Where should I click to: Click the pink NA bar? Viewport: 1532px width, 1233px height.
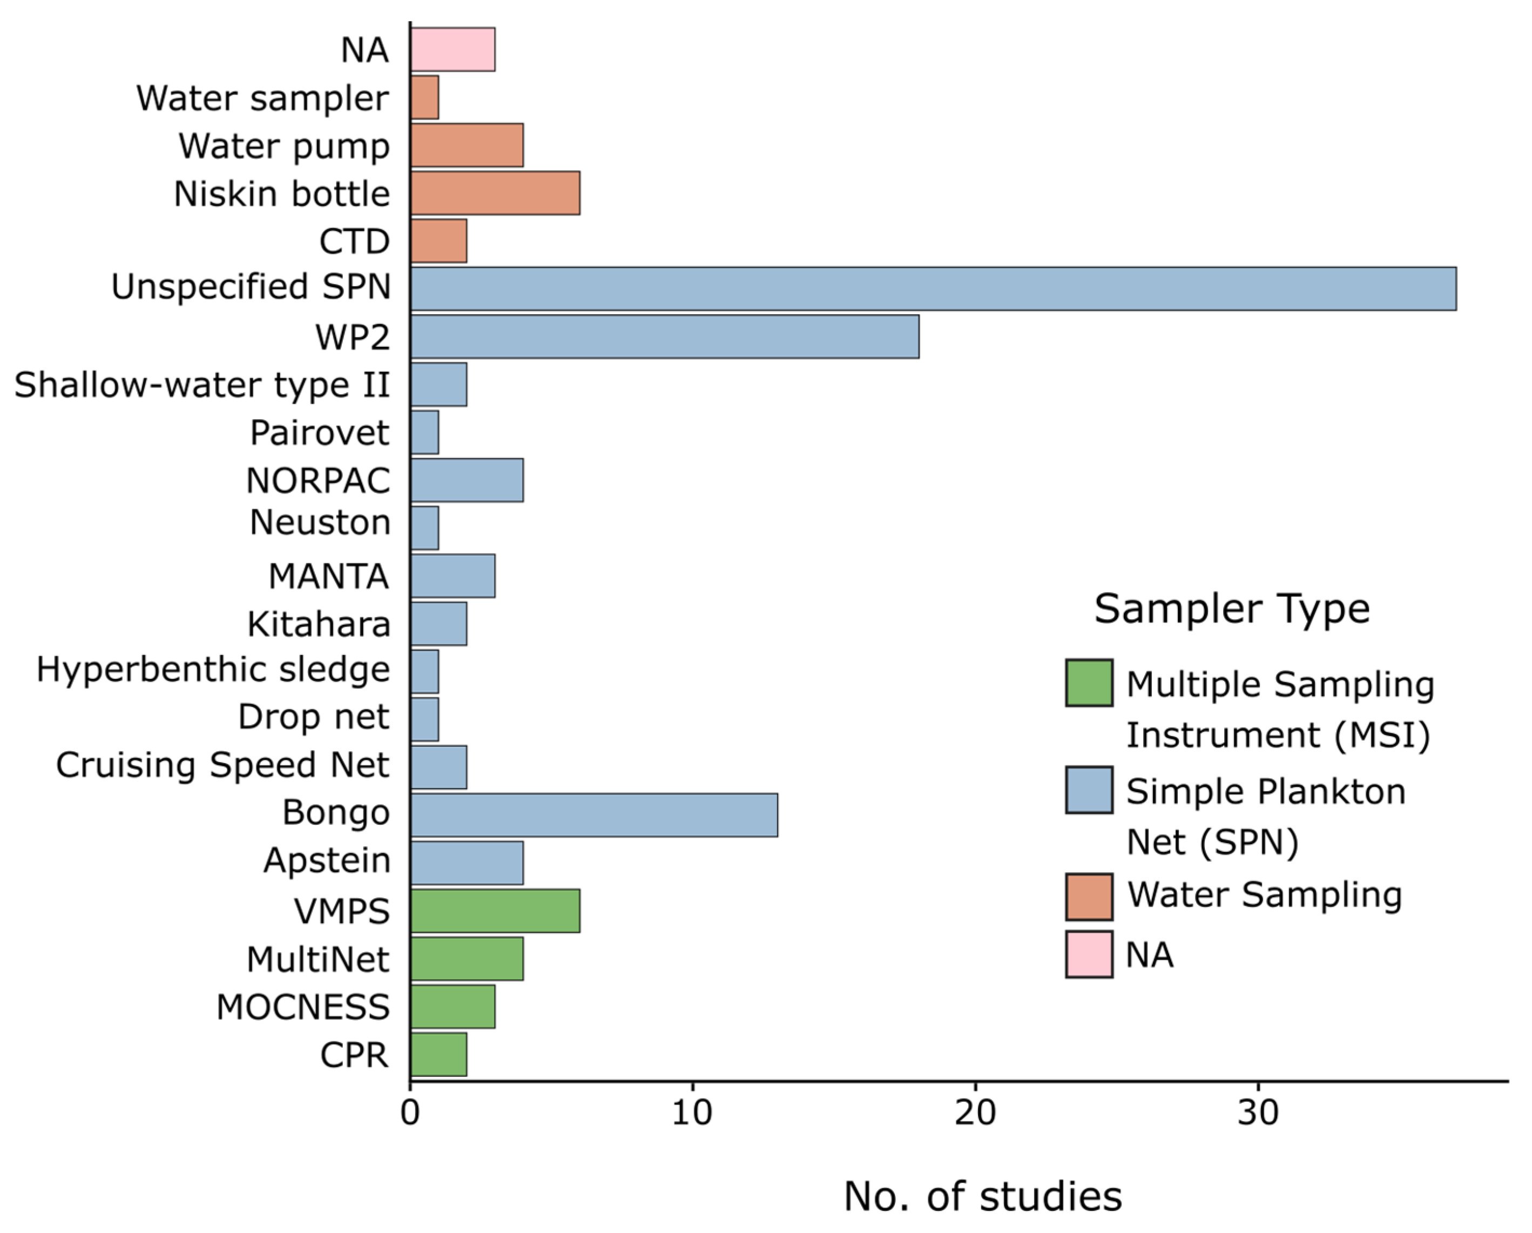pos(453,50)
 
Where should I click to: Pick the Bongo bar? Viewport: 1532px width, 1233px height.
pos(594,815)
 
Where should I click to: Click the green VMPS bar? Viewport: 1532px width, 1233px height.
pos(495,911)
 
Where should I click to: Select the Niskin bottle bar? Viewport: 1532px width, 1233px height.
pos(495,193)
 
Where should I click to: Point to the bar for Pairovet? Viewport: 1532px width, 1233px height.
pos(425,432)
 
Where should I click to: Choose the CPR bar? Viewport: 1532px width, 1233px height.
pos(438,1054)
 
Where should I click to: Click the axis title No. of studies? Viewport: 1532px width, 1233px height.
pos(983,1197)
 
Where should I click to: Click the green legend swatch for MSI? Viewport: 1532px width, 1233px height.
pos(1089,683)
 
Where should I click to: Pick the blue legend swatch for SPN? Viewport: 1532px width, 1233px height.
pos(1089,790)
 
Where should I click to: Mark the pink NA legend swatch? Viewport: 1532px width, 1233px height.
pos(1089,954)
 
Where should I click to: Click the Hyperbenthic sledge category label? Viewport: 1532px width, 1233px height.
pos(213,670)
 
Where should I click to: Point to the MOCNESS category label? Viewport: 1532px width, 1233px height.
pos(303,1007)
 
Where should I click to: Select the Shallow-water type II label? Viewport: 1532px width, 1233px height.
pos(203,385)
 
